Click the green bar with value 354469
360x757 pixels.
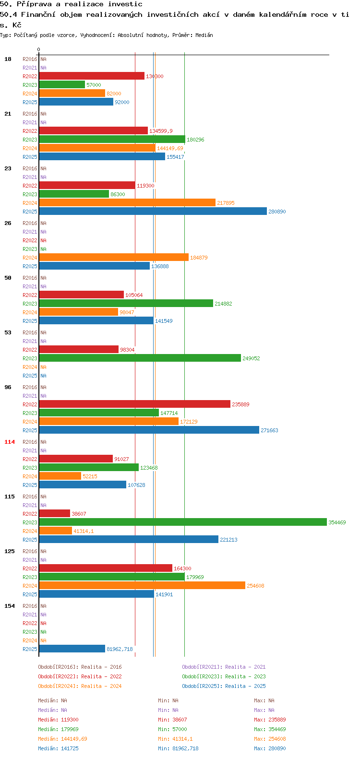pos(183,522)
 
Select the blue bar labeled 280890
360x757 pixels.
pos(153,211)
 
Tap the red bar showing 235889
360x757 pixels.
pos(135,404)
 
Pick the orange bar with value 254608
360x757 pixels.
pos(142,585)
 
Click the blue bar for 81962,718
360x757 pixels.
pos(72,649)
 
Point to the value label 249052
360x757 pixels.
pos(251,358)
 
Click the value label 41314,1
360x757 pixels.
pos(84,531)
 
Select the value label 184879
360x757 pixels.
pos(199,258)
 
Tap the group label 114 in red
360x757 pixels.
pos(10,442)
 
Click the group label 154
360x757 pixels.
pos(10,606)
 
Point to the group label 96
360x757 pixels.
pos(8,387)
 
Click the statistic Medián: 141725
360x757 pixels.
pos(58,748)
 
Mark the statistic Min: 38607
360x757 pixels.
pos(172,720)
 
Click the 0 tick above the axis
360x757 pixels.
pos(38,50)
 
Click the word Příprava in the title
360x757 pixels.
pos(34,4)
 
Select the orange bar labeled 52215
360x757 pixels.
pos(60,476)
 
